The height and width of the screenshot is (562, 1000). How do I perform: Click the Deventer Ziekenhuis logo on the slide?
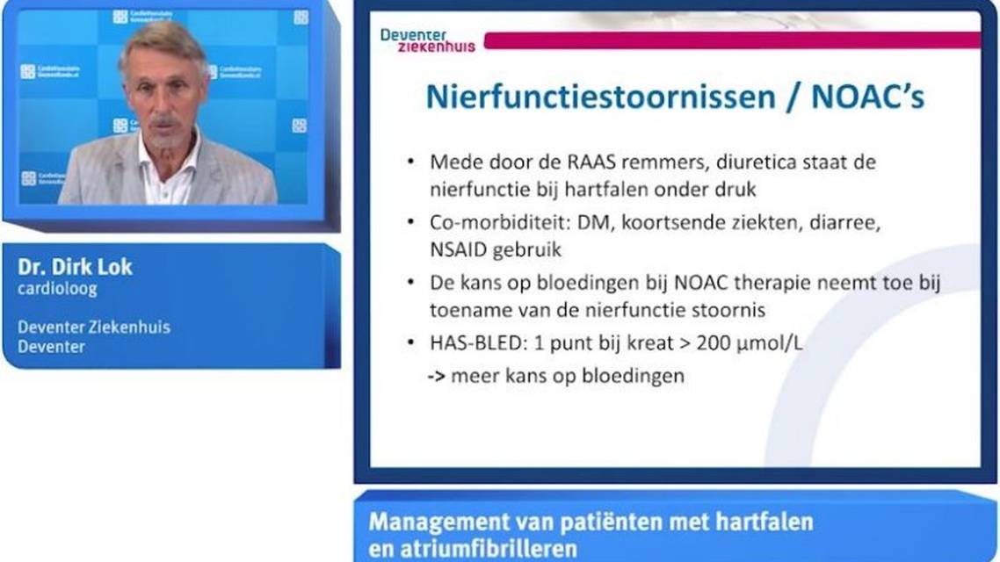pyautogui.click(x=427, y=40)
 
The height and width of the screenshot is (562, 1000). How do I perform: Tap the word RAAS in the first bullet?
pyautogui.click(x=551, y=162)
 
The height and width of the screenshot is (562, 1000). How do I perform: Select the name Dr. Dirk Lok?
pyautogui.click(x=75, y=267)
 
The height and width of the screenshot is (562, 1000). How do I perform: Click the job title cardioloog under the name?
pyautogui.click(x=57, y=288)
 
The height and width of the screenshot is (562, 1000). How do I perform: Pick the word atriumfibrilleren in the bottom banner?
pyautogui.click(x=486, y=549)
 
